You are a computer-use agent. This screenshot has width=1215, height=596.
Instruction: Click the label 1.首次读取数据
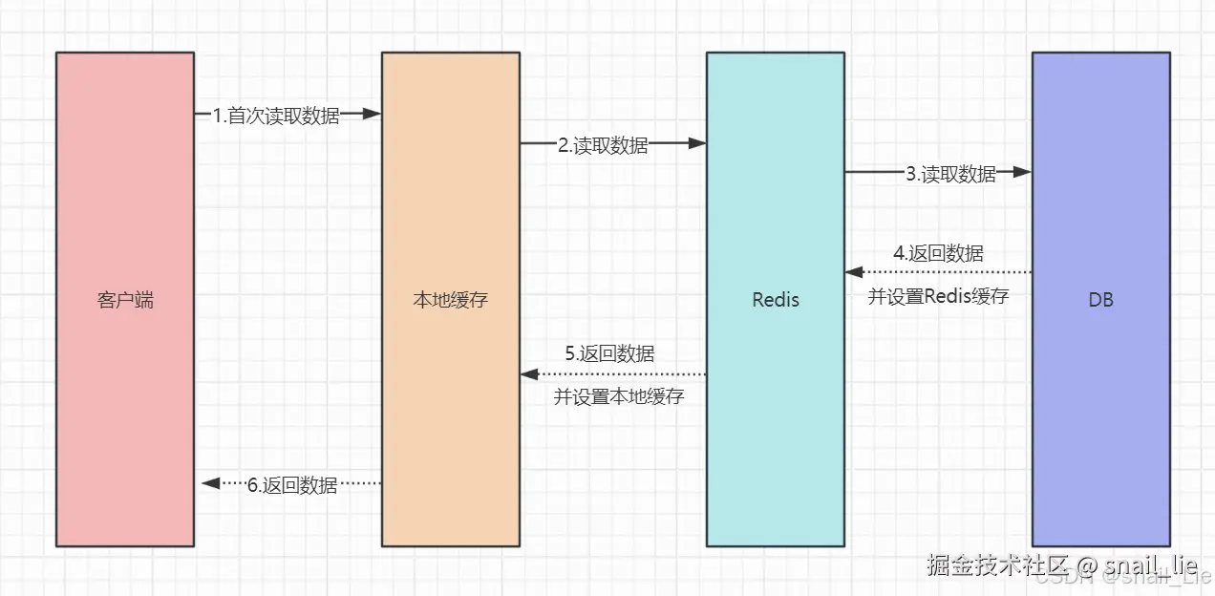click(276, 116)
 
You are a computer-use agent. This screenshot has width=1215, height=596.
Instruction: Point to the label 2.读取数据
click(603, 145)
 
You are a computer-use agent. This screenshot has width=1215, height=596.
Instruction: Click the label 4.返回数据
click(938, 253)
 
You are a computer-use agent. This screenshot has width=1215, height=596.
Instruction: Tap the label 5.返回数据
click(609, 354)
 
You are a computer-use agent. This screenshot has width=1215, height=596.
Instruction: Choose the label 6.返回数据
click(292, 485)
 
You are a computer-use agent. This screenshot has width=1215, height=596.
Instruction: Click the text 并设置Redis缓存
click(938, 296)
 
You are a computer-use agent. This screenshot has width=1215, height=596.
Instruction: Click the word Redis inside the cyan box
click(775, 300)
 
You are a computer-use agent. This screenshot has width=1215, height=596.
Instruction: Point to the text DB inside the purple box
click(1100, 300)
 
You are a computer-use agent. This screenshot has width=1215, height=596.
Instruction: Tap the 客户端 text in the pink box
click(125, 300)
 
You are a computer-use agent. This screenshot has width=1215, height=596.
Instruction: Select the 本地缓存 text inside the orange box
click(450, 300)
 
